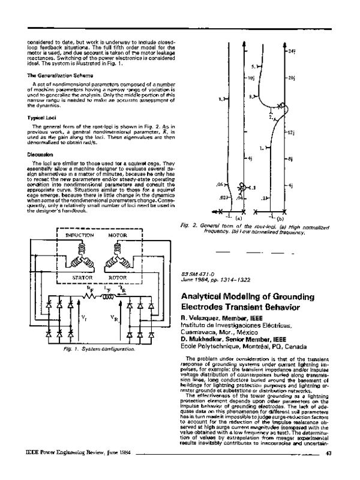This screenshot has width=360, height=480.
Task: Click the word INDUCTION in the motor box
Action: tap(79, 236)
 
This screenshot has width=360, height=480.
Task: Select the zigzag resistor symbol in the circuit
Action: tap(90, 296)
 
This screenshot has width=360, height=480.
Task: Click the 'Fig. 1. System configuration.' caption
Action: tap(92, 348)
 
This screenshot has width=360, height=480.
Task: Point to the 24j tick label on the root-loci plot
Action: tap(292, 52)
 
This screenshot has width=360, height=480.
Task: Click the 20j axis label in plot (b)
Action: tap(292, 79)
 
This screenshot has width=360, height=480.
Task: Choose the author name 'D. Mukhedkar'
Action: tap(202, 338)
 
